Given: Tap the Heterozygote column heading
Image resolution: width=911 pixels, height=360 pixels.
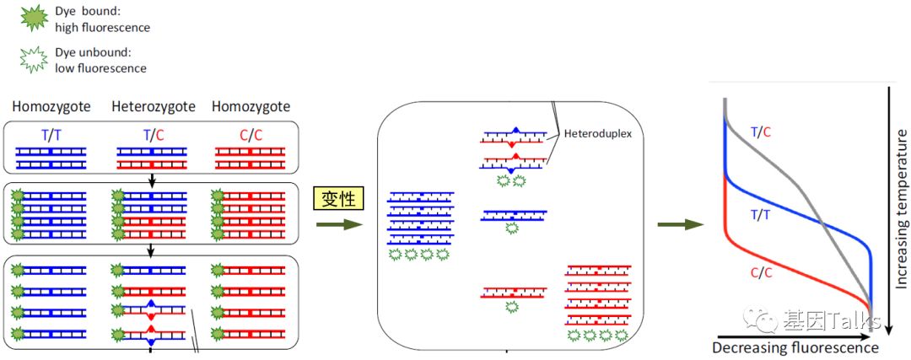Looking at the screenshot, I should coord(154,107).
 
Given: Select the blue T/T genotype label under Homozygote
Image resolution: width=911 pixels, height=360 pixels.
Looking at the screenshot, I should coord(51,132).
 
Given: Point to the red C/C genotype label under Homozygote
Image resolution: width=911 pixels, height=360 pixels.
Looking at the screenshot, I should coord(250,132).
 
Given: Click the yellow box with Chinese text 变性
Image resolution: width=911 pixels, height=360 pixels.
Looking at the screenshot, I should coord(339,198).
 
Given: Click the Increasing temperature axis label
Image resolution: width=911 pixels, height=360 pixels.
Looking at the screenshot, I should coord(901,210).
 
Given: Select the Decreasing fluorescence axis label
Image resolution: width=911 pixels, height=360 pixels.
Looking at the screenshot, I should coord(795,347).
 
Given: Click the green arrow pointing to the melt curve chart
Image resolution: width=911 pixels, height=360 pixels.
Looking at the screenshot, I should coord(681,224).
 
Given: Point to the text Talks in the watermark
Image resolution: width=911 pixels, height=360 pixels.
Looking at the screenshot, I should coord(846,320).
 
